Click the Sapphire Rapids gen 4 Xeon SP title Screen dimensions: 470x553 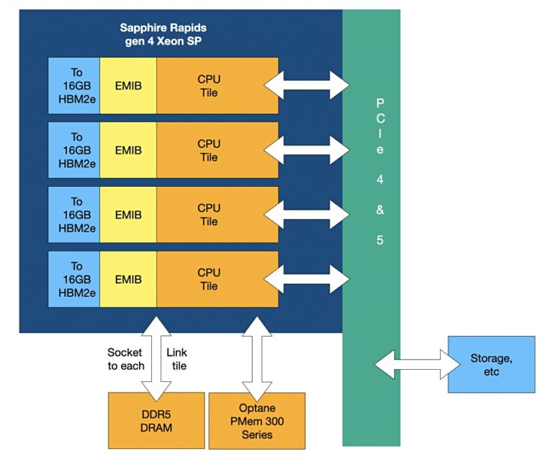[x=163, y=34]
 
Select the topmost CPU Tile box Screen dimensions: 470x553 [x=217, y=85]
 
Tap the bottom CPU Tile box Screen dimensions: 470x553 [x=217, y=280]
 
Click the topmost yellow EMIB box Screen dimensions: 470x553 [x=128, y=85]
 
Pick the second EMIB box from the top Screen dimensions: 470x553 [x=128, y=150]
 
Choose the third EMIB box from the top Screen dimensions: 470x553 [x=128, y=215]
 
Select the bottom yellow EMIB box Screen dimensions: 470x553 [x=128, y=280]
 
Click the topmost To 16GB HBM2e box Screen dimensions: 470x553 [x=74, y=85]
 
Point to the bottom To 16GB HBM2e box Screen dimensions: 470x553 [x=74, y=280]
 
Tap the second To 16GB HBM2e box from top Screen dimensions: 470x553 [x=74, y=150]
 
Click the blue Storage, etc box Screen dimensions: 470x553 [x=491, y=364]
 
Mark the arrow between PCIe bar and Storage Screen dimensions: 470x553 [x=418, y=364]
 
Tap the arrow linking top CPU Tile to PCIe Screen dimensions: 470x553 [x=307, y=85]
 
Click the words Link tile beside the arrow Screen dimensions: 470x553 [x=176, y=358]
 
